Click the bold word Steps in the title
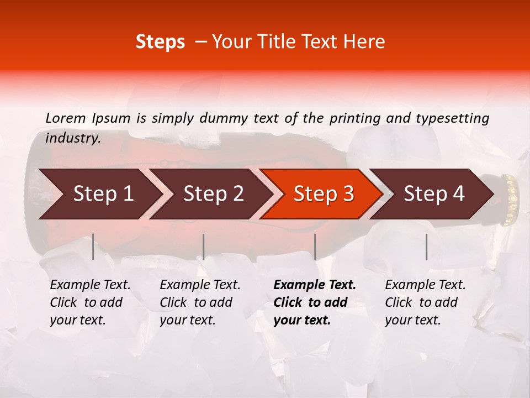[x=160, y=42]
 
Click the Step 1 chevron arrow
[x=99, y=194]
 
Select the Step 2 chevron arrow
[x=213, y=194]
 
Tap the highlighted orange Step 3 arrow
[x=323, y=194]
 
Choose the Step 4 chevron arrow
[x=434, y=194]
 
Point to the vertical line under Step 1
[x=93, y=247]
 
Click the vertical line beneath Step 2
[x=204, y=247]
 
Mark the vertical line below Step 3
[x=315, y=247]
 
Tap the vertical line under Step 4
[x=427, y=247]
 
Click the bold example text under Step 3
[x=314, y=302]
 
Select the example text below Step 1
[x=90, y=302]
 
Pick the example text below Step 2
[x=200, y=302]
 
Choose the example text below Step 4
[x=425, y=302]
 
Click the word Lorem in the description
[x=66, y=118]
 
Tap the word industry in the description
[x=73, y=138]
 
